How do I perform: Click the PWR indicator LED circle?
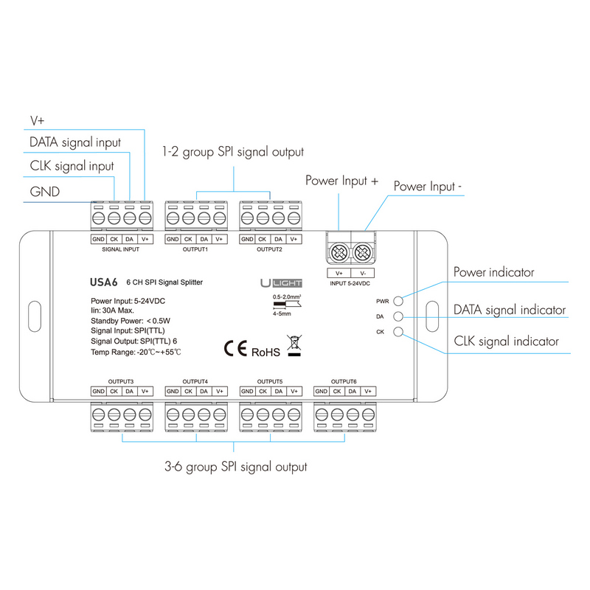click(x=399, y=301)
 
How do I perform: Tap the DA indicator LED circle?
click(x=399, y=316)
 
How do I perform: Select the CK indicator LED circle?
click(x=399, y=332)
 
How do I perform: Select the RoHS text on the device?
click(x=266, y=353)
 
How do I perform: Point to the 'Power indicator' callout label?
click(x=493, y=273)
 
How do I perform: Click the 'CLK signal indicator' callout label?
click(x=506, y=341)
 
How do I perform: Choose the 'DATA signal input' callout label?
click(x=74, y=142)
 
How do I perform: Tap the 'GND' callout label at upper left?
click(x=45, y=191)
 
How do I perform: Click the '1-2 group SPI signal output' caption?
click(x=233, y=153)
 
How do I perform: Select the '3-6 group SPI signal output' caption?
click(x=235, y=467)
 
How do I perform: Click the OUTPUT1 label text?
click(x=195, y=249)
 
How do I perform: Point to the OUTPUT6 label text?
click(x=344, y=381)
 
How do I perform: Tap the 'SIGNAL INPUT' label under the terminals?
click(x=121, y=249)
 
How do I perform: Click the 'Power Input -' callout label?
click(x=428, y=187)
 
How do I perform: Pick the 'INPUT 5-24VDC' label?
click(x=350, y=283)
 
